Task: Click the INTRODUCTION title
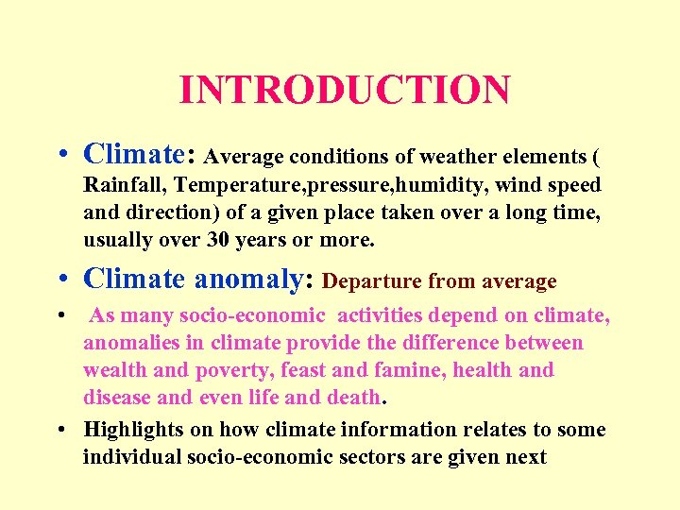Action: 344,90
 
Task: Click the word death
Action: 349,397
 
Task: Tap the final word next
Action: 527,456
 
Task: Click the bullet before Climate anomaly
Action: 60,280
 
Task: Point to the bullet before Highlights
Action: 60,430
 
